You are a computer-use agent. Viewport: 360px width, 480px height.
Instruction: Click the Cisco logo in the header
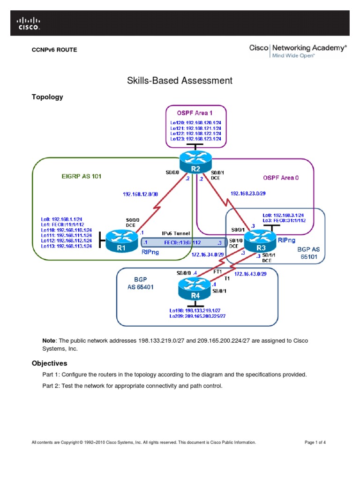pyautogui.click(x=29, y=23)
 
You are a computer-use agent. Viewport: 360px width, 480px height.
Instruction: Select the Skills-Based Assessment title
pyautogui.click(x=180, y=80)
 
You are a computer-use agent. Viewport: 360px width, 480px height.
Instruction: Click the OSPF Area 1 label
pyautogui.click(x=195, y=113)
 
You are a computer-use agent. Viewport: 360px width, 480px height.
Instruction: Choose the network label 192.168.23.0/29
pyautogui.click(x=250, y=193)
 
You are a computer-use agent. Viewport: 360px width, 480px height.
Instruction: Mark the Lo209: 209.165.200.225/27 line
pyautogui.click(x=197, y=316)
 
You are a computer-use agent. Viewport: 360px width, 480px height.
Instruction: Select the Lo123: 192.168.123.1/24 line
pyautogui.click(x=195, y=139)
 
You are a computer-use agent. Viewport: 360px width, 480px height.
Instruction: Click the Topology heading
pyautogui.click(x=47, y=97)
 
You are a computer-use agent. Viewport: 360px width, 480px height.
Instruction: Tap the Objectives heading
pyautogui.click(x=49, y=363)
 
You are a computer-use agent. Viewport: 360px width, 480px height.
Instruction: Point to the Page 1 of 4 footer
pyautogui.click(x=315, y=442)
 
